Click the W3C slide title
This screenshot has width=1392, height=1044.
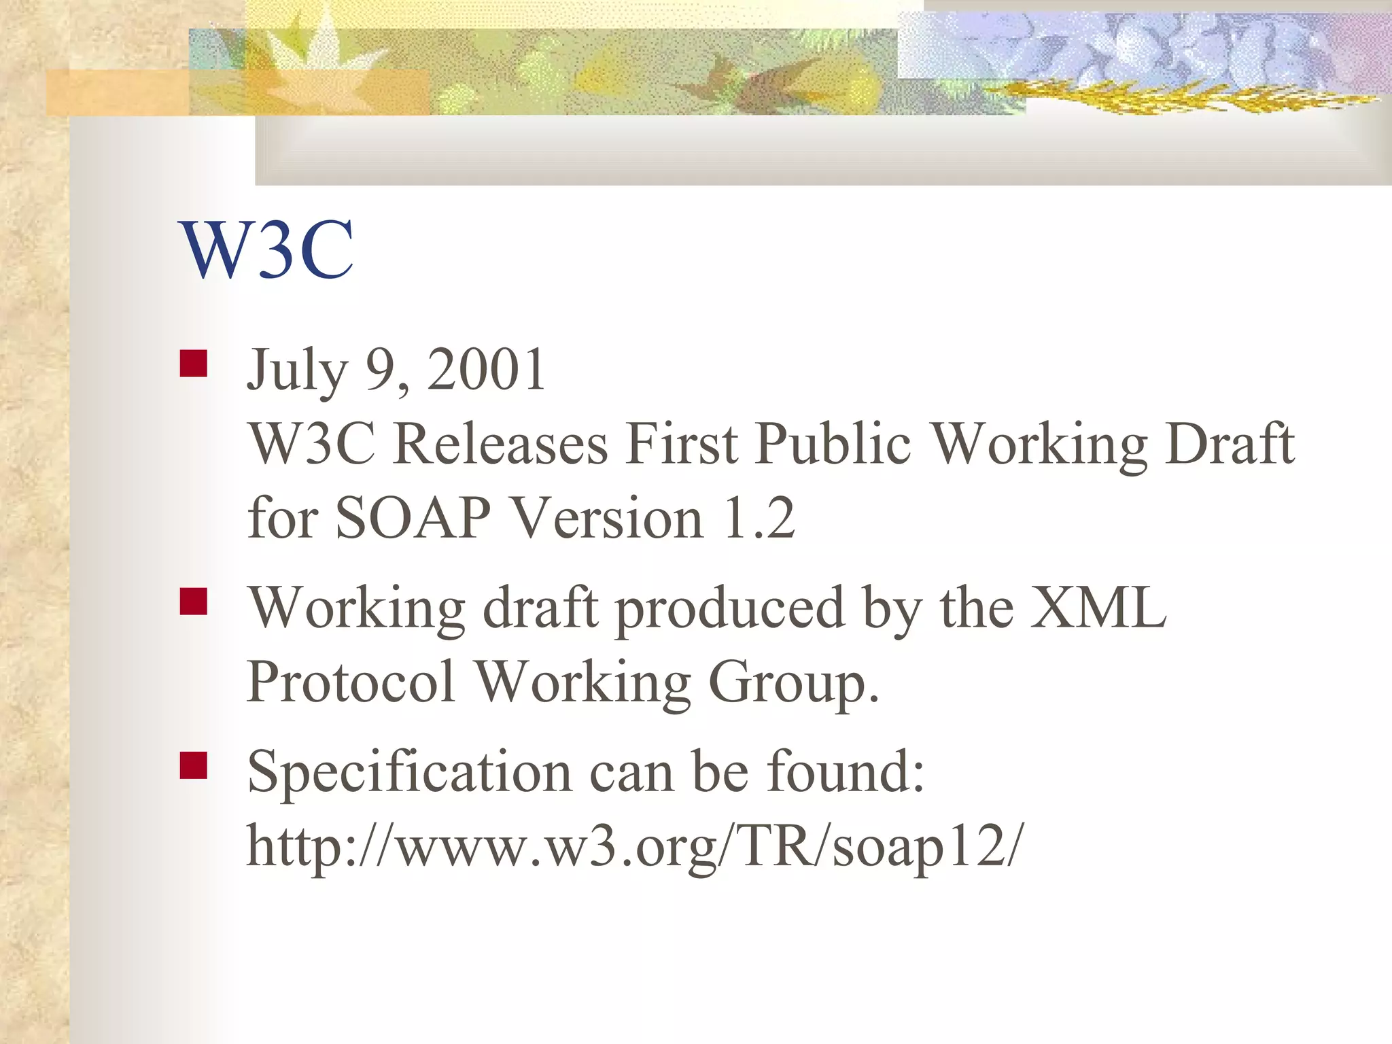pos(266,250)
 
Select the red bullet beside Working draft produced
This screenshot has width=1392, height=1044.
pos(194,602)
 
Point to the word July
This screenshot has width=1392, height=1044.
pos(297,370)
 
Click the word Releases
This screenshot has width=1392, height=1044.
pos(500,444)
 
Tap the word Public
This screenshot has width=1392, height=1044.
pos(833,444)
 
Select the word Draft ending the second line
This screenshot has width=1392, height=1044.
pos(1230,444)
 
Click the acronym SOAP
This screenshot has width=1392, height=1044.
pos(413,519)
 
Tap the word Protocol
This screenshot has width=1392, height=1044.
pos(351,682)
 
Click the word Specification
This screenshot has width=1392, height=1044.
pos(409,773)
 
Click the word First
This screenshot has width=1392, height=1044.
pos(682,444)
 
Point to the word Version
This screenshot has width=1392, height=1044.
pos(606,519)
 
